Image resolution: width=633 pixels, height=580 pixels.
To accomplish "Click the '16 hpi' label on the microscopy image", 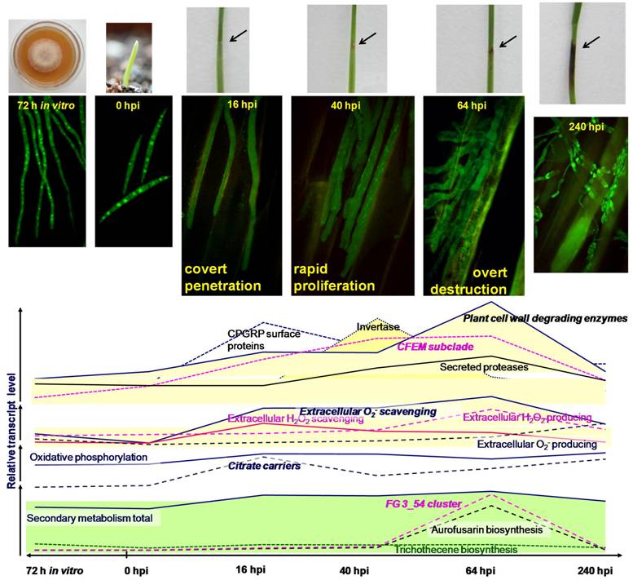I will [231, 104].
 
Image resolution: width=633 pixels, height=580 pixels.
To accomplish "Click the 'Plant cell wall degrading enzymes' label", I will [539, 318].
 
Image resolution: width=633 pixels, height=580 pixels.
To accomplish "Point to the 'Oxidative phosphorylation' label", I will [88, 458].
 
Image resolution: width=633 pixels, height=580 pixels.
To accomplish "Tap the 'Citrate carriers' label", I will [263, 467].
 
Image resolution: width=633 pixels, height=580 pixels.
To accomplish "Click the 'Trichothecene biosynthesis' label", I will [455, 550].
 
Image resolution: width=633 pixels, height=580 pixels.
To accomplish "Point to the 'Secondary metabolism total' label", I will [90, 518].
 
